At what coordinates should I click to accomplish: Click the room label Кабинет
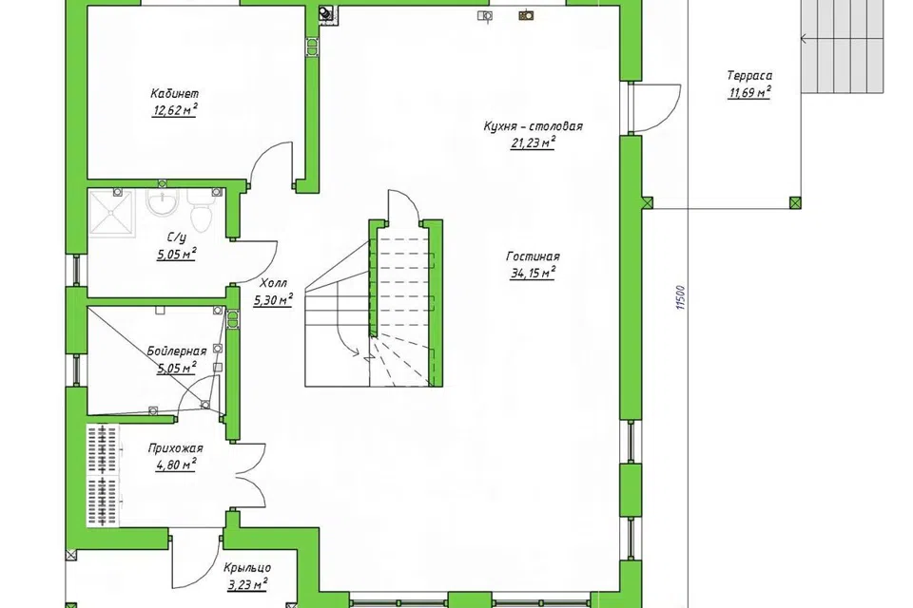click(x=175, y=93)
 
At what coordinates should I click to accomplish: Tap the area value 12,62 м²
click(x=174, y=109)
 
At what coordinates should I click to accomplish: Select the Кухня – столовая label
click(x=533, y=125)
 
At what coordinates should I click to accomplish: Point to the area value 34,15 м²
click(x=533, y=273)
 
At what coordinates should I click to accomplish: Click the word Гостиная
click(x=533, y=256)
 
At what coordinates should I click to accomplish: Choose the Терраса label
click(x=749, y=76)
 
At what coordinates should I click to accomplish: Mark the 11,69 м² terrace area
click(x=749, y=92)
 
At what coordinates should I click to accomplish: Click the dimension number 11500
click(x=682, y=297)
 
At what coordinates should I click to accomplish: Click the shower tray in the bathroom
click(x=110, y=213)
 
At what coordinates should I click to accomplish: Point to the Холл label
click(x=273, y=283)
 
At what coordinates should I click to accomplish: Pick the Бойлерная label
click(x=177, y=351)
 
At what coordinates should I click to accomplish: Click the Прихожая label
click(x=175, y=448)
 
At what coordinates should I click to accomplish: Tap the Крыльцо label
click(x=247, y=567)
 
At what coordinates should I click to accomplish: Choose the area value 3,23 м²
click(x=247, y=583)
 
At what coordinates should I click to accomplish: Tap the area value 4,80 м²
click(x=175, y=465)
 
